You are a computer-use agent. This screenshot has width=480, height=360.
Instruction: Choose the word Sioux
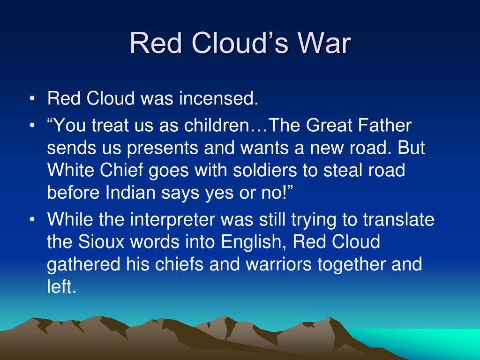click(100, 242)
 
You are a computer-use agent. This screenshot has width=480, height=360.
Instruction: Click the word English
click(251, 242)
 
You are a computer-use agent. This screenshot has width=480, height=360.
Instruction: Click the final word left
click(61, 287)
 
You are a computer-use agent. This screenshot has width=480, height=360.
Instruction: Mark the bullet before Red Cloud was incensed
click(32, 100)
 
